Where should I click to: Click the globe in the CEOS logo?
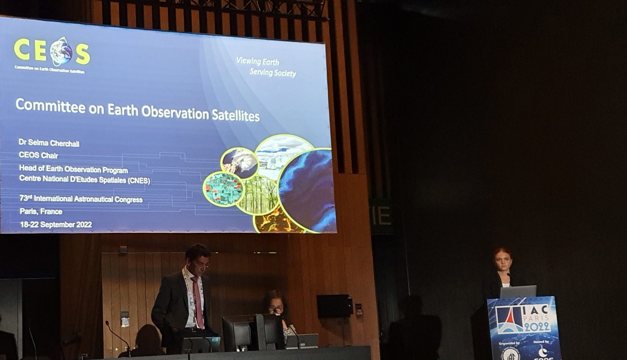(61, 51)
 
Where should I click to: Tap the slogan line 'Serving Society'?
(273, 73)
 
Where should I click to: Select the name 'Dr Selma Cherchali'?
(49, 143)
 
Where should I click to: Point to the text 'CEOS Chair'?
(39, 155)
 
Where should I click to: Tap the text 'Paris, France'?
(41, 211)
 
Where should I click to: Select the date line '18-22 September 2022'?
(56, 225)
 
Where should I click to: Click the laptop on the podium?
(518, 291)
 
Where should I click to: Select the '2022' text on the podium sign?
(537, 328)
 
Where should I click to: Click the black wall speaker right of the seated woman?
(334, 306)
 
